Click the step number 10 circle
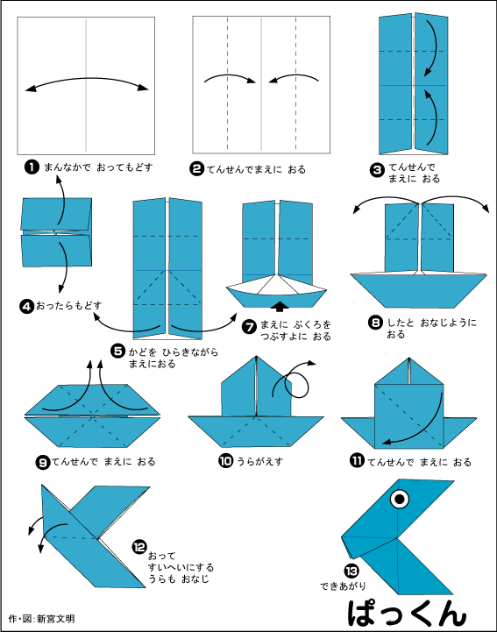click(225, 459)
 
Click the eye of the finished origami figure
click(399, 501)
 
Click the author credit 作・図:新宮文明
click(42, 619)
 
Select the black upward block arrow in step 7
click(280, 306)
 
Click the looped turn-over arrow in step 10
click(295, 380)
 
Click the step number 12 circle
click(138, 544)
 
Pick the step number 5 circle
click(117, 351)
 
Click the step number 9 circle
click(42, 461)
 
